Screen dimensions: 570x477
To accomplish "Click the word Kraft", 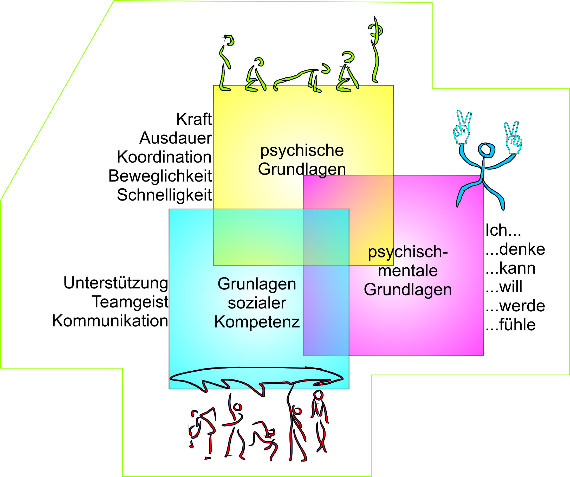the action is [194, 119].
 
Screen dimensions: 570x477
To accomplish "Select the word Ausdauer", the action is [176, 138].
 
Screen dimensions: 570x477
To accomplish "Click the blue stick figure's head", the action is [487, 150].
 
